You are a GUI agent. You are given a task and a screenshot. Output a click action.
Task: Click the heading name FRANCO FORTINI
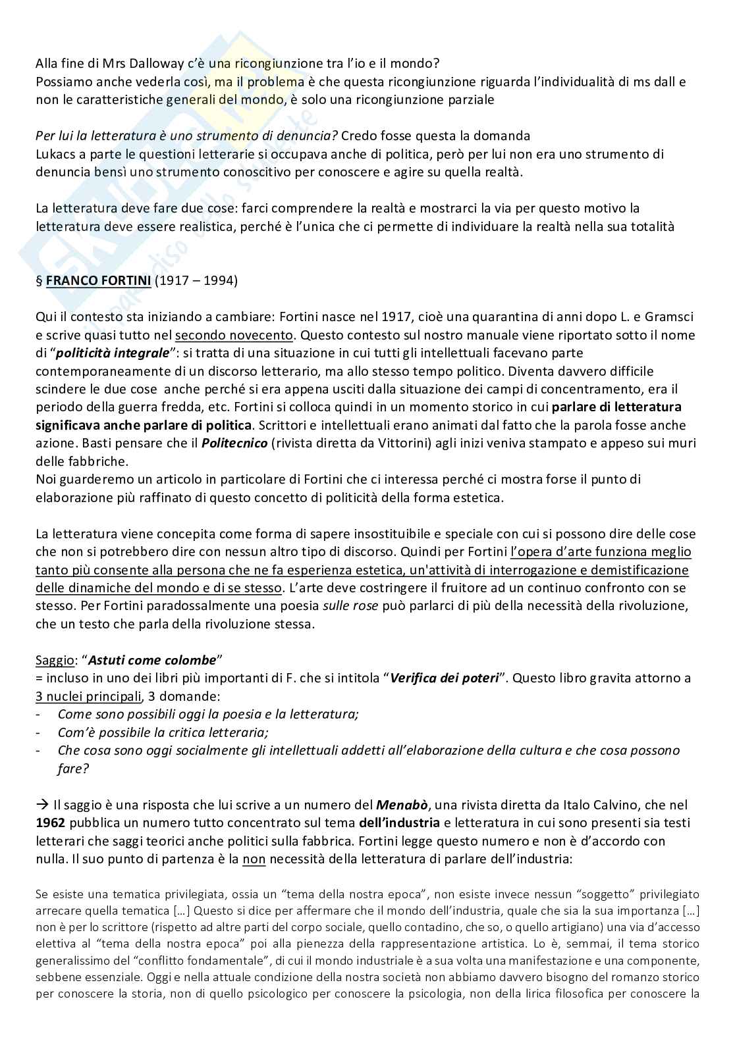click(99, 281)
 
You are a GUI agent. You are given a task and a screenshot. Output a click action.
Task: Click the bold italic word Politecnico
click(234, 443)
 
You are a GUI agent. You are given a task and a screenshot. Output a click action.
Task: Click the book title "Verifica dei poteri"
click(444, 678)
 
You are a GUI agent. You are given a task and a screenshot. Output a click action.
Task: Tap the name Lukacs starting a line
click(55, 154)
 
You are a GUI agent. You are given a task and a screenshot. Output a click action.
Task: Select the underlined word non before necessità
click(254, 859)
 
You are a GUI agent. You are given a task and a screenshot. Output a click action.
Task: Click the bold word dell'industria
click(399, 823)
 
